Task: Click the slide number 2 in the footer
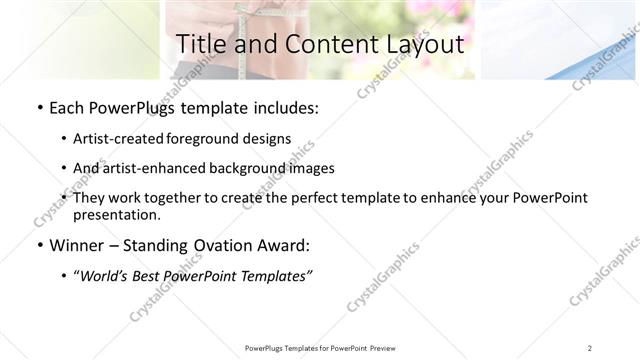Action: coord(589,348)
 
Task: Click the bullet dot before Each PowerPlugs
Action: coord(38,107)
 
